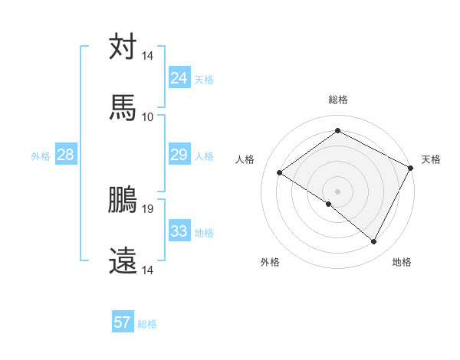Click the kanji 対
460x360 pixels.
pyautogui.click(x=123, y=47)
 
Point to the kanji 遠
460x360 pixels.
pyautogui.click(x=123, y=260)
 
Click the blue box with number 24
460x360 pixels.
pyautogui.click(x=179, y=77)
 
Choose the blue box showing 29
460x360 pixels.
pyautogui.click(x=179, y=155)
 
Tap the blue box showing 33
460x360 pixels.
pyautogui.click(x=179, y=231)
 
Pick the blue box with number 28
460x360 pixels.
pyautogui.click(x=65, y=155)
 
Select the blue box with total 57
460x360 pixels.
pyautogui.click(x=123, y=322)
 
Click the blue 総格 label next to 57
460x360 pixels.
pyautogui.click(x=147, y=324)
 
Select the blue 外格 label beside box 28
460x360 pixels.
pyautogui.click(x=41, y=156)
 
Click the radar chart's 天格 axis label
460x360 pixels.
pyautogui.click(x=431, y=159)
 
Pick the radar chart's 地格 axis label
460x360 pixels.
pyautogui.click(x=402, y=262)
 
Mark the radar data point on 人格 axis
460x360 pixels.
pyautogui.click(x=280, y=172)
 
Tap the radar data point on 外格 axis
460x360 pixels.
pyautogui.click(x=329, y=204)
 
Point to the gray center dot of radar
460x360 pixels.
pyautogui.click(x=337, y=191)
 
